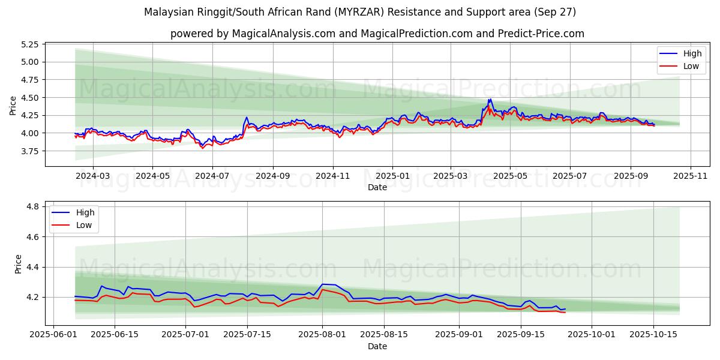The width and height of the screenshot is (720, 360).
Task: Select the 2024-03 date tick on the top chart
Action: click(x=93, y=176)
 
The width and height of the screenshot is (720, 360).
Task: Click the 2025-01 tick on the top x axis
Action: click(x=392, y=176)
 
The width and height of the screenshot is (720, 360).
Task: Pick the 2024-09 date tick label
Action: click(x=272, y=176)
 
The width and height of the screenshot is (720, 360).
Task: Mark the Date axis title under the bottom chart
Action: click(x=377, y=346)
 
